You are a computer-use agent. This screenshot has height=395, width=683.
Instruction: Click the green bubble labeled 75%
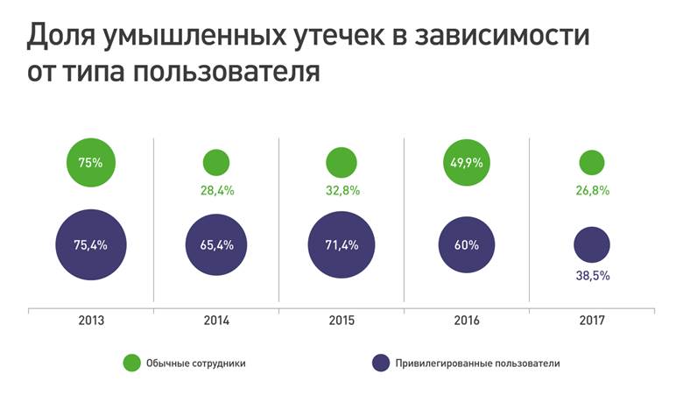pyautogui.click(x=91, y=162)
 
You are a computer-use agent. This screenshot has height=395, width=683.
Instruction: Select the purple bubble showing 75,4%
pyautogui.click(x=91, y=244)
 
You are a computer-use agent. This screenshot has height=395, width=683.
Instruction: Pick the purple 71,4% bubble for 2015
pyautogui.click(x=341, y=244)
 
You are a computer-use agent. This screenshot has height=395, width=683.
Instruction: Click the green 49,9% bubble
pyautogui.click(x=468, y=162)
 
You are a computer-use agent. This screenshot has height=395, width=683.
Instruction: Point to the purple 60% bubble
pyautogui.click(x=468, y=244)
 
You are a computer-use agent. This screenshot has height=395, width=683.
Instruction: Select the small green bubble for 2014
pyautogui.click(x=215, y=162)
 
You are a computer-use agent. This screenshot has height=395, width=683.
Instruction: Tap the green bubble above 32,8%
pyautogui.click(x=341, y=162)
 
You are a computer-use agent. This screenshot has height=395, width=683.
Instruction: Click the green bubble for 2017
pyautogui.click(x=592, y=162)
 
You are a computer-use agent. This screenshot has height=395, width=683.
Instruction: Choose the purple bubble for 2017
pyautogui.click(x=592, y=244)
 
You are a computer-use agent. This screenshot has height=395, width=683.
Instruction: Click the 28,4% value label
pyautogui.click(x=215, y=190)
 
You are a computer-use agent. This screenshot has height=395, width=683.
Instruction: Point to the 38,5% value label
pyautogui.click(x=592, y=275)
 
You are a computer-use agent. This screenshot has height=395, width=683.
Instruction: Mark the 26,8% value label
pyautogui.click(x=592, y=190)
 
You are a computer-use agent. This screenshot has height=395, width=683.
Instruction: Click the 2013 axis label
pyautogui.click(x=91, y=321)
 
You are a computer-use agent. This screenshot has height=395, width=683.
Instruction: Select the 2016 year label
pyautogui.click(x=468, y=321)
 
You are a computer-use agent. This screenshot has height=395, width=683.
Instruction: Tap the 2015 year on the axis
pyautogui.click(x=341, y=321)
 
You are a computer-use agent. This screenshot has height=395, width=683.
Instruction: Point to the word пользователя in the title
pyautogui.click(x=226, y=72)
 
